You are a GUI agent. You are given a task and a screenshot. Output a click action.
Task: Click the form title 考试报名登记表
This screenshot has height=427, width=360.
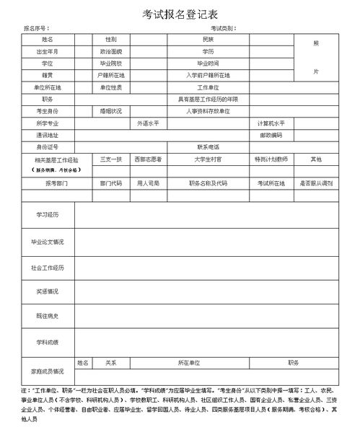(x=180, y=13)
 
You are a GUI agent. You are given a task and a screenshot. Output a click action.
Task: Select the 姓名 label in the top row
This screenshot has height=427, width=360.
(x=48, y=39)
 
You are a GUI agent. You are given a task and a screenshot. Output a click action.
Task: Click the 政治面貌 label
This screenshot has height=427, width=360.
(x=110, y=52)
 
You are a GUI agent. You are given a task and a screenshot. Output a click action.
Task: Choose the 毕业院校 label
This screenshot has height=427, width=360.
(x=110, y=63)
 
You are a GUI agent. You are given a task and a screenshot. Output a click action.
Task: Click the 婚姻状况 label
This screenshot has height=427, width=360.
(x=110, y=111)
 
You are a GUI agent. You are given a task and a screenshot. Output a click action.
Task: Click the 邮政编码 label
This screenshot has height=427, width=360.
(x=271, y=135)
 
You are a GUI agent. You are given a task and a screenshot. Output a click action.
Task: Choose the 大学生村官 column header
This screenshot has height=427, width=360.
(x=208, y=158)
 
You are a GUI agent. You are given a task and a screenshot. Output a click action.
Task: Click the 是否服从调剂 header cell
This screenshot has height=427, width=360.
(x=316, y=183)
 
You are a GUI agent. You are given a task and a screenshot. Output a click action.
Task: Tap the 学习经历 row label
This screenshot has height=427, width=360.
(x=48, y=215)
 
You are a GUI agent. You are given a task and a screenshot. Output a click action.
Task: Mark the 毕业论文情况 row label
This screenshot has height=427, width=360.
(x=48, y=242)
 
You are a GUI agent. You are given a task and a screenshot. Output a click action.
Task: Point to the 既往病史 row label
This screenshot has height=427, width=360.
(x=48, y=316)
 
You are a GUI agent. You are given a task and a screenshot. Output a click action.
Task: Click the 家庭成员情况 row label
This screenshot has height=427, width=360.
(x=48, y=371)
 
